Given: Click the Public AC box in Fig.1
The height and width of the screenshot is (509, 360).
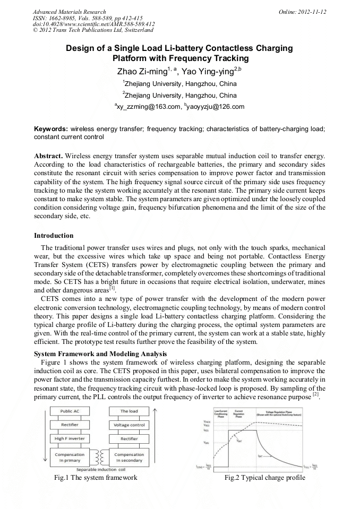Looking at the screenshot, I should click(x=70, y=411).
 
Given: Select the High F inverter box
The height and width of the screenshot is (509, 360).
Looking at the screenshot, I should click(x=70, y=439).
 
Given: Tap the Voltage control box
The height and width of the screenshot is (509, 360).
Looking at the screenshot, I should click(x=129, y=425).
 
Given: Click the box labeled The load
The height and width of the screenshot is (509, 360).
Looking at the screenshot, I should click(x=129, y=411).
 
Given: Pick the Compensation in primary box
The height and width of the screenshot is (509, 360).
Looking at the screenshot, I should click(x=70, y=458).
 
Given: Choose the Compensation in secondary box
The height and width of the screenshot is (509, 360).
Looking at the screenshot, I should click(x=129, y=458).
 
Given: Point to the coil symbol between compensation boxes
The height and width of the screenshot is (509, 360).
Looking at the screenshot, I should click(x=99, y=457).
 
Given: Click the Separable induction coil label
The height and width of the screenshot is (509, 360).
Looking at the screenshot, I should click(x=100, y=470).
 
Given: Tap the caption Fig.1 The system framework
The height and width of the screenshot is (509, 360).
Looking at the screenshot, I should click(x=96, y=478).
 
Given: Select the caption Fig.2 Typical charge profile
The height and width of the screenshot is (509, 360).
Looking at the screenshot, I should click(x=264, y=478).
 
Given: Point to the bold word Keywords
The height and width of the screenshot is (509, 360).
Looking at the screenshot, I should click(x=51, y=128).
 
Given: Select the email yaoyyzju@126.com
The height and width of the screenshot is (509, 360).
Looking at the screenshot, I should click(x=215, y=107).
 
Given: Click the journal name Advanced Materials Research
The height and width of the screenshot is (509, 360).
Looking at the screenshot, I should click(x=69, y=12).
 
